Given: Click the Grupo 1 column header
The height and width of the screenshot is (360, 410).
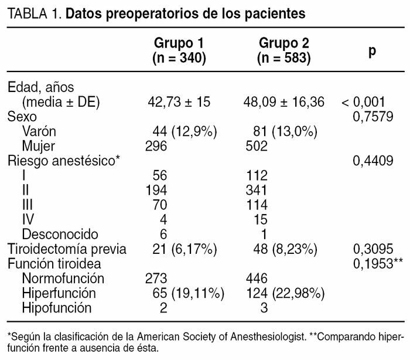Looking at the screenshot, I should [182, 50].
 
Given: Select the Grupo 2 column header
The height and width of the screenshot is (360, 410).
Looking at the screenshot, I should [283, 50].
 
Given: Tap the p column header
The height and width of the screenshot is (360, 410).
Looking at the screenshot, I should [373, 50].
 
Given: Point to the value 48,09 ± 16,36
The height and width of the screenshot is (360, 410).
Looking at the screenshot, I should [283, 102].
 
